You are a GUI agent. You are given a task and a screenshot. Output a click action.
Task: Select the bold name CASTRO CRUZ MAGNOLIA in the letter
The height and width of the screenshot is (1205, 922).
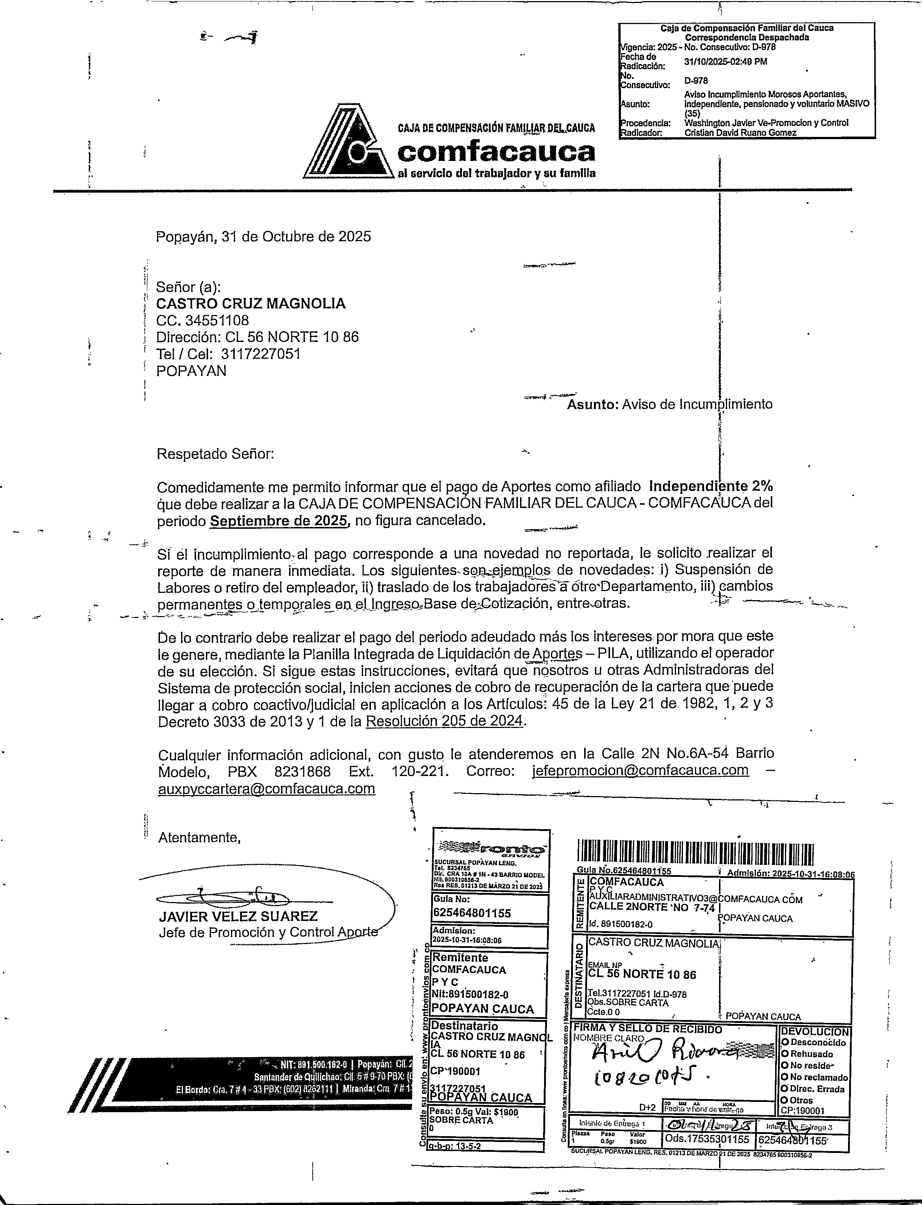(251, 303)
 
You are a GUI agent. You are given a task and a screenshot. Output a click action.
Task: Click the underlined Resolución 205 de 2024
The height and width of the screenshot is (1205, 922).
(445, 721)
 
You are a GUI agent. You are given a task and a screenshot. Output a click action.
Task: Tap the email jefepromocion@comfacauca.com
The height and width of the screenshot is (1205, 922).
(640, 770)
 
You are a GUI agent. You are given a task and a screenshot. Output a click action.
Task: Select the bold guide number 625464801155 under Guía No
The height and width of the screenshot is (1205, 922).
(472, 913)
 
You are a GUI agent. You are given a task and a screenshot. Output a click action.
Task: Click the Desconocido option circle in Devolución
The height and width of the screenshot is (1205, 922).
(785, 1042)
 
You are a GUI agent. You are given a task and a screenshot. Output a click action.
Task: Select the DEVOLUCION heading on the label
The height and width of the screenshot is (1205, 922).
(814, 1032)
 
